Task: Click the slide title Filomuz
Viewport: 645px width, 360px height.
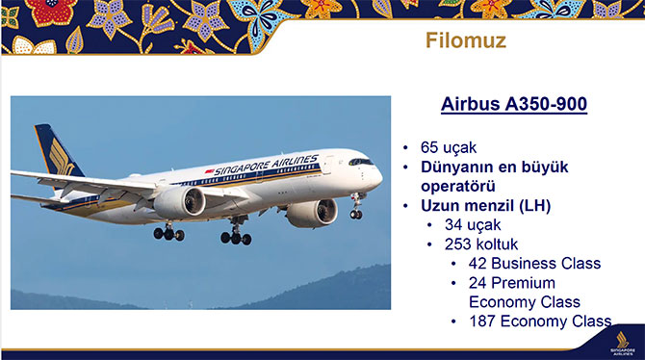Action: (466, 42)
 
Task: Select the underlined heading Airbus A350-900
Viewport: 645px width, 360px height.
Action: (501, 105)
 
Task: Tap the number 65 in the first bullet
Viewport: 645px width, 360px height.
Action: (429, 148)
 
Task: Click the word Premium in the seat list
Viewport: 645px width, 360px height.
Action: (527, 282)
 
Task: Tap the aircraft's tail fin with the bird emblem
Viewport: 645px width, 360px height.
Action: (56, 154)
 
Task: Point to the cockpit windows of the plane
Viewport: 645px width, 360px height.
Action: (360, 162)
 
